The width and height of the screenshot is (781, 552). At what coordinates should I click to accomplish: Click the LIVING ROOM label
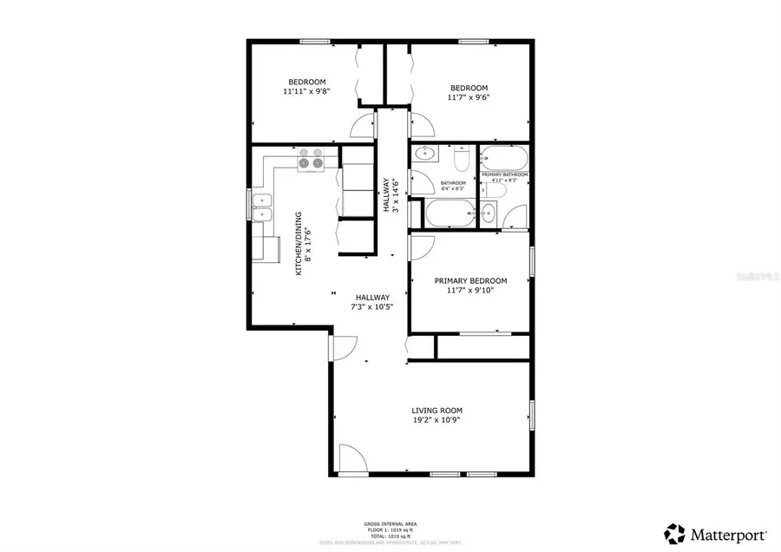coord(436,411)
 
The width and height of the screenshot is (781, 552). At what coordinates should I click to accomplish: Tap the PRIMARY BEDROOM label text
coord(470,281)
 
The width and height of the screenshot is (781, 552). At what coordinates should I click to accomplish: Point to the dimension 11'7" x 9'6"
coord(469,98)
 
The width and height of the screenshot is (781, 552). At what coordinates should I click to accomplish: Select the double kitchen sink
coord(261,207)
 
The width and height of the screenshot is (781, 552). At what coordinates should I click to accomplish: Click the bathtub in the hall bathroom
coord(449,213)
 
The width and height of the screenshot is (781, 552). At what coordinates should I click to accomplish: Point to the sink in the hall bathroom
coord(425,155)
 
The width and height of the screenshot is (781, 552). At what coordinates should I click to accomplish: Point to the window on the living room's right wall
coord(531,414)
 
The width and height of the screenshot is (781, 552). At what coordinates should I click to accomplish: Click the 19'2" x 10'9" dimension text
coord(436,420)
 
